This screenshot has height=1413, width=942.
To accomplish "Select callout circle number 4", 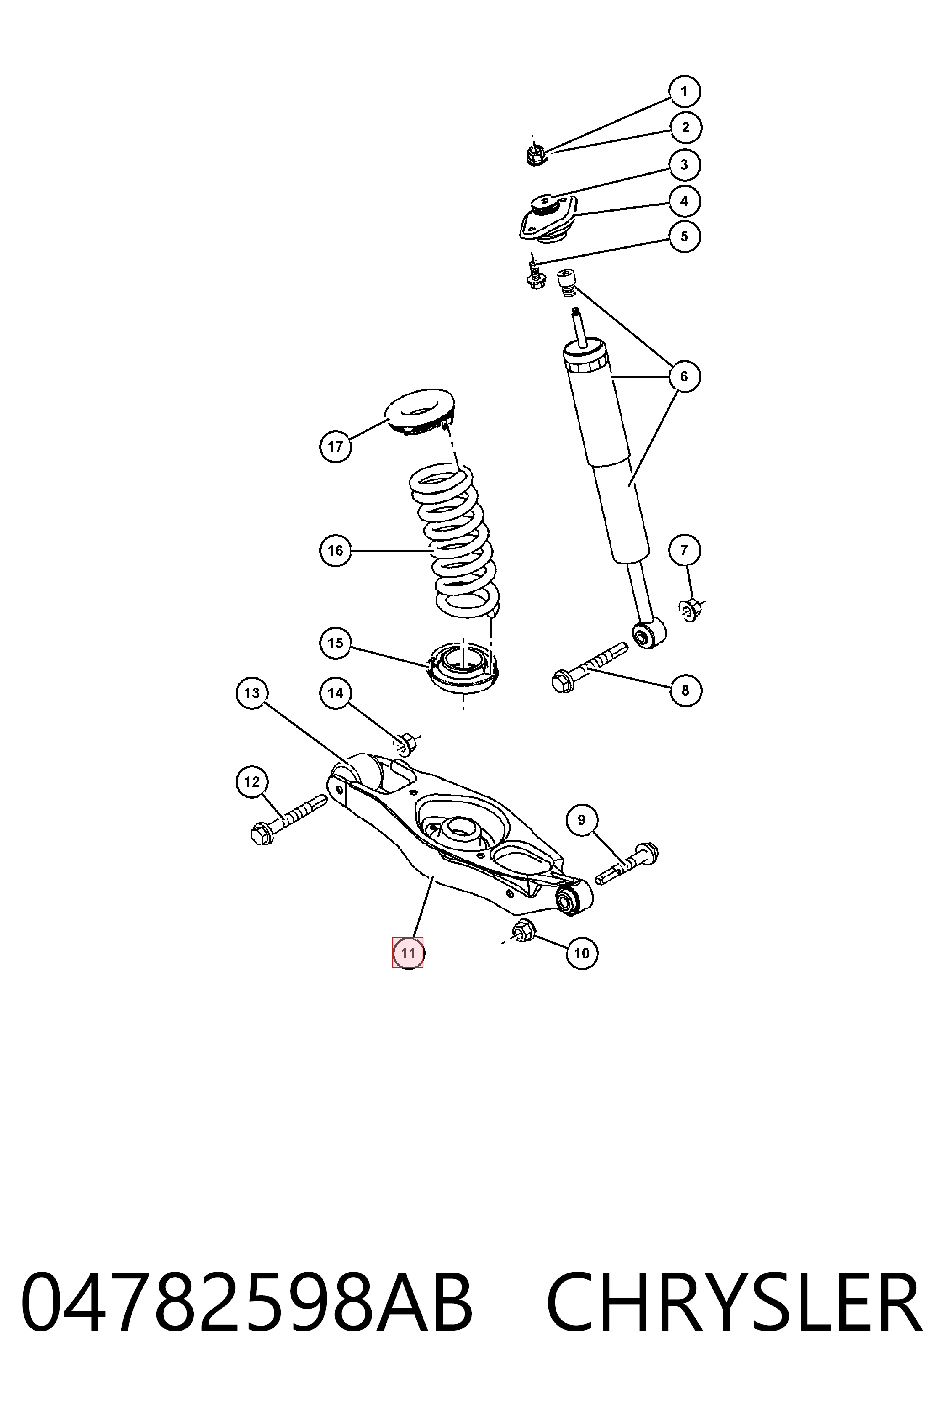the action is click(x=684, y=201).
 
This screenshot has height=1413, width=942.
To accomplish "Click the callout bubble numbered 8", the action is click(x=685, y=690).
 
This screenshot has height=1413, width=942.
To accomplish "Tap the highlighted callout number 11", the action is click(x=408, y=953).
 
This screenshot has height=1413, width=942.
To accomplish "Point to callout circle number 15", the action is click(x=335, y=643).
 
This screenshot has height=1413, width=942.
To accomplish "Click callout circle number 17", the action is click(x=335, y=446).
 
